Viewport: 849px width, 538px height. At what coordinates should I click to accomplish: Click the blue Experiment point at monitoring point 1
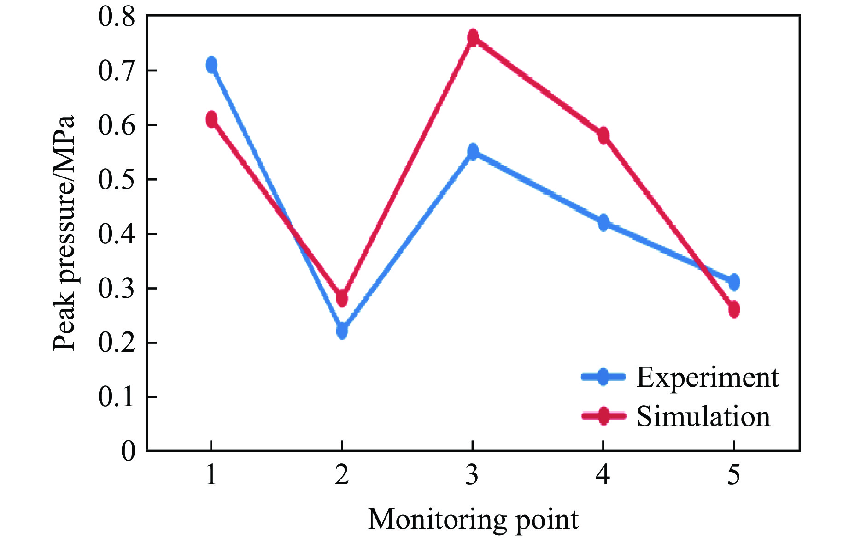click(x=211, y=65)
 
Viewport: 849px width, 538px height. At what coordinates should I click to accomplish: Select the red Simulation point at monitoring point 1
click(x=211, y=119)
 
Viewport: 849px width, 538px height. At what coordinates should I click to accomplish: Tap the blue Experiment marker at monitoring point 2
click(x=342, y=331)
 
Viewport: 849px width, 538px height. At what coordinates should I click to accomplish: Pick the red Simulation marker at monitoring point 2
click(x=342, y=298)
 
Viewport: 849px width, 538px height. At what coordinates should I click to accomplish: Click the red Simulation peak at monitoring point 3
click(x=473, y=37)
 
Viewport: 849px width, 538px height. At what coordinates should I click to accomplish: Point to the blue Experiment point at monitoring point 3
click(x=473, y=151)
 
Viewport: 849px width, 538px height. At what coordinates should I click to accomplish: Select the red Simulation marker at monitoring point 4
click(x=603, y=136)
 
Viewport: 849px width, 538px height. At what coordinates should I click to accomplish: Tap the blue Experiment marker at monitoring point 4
click(x=603, y=223)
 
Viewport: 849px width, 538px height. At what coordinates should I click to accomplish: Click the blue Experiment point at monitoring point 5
click(x=734, y=281)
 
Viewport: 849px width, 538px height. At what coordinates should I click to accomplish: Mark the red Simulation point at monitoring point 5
click(x=734, y=309)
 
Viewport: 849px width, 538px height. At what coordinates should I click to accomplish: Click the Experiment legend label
click(x=707, y=378)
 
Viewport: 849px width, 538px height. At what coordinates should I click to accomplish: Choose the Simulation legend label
click(x=703, y=416)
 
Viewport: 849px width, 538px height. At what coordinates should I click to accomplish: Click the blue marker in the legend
click(x=603, y=377)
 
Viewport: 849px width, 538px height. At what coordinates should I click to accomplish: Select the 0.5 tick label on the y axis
click(x=117, y=180)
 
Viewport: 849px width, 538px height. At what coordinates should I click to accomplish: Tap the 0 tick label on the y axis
click(x=129, y=451)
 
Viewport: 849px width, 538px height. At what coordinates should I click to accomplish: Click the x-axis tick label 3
click(x=472, y=475)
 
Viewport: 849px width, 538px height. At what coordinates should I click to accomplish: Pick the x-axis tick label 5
click(x=733, y=475)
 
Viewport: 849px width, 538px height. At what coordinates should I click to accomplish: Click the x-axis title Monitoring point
click(x=473, y=520)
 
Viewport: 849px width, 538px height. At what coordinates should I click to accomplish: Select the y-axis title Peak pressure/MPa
click(x=64, y=233)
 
